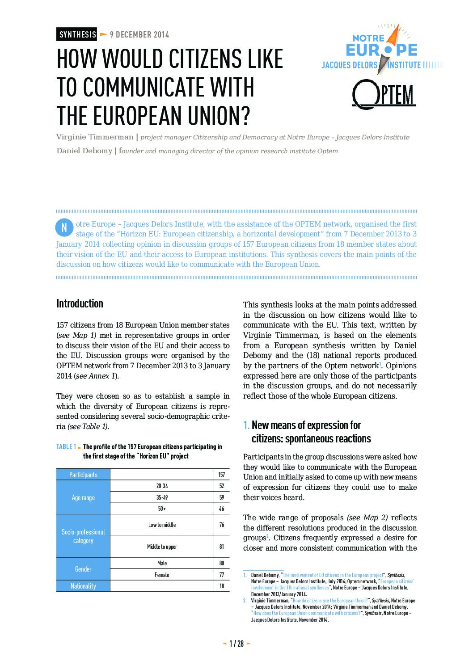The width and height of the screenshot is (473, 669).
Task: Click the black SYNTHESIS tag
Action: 77,34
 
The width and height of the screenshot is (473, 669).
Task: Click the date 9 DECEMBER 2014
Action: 139,34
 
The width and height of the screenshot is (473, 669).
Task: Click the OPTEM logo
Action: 384,94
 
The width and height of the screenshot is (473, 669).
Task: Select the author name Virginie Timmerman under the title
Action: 95,137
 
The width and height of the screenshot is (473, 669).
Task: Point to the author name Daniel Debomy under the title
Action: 84,151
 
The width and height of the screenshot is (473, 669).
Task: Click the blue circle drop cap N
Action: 64,227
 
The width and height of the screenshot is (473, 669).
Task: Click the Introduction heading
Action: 80,304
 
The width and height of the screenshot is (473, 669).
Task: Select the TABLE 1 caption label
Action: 66,447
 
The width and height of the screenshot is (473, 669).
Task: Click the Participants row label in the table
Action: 83,475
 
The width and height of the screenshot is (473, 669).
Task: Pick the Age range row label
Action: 83,497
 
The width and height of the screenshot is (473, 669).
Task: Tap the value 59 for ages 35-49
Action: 222,497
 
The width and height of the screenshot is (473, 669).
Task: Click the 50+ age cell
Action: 162,509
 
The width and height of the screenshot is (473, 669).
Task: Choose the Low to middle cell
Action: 162,525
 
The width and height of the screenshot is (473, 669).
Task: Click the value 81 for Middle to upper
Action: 222,547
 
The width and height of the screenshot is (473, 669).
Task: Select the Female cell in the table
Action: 162,575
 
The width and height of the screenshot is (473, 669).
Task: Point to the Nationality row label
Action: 83,586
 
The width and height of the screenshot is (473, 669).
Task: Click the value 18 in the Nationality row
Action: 222,586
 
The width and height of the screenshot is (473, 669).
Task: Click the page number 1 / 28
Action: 236,644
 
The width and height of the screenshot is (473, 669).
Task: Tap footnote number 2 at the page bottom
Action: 245,601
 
